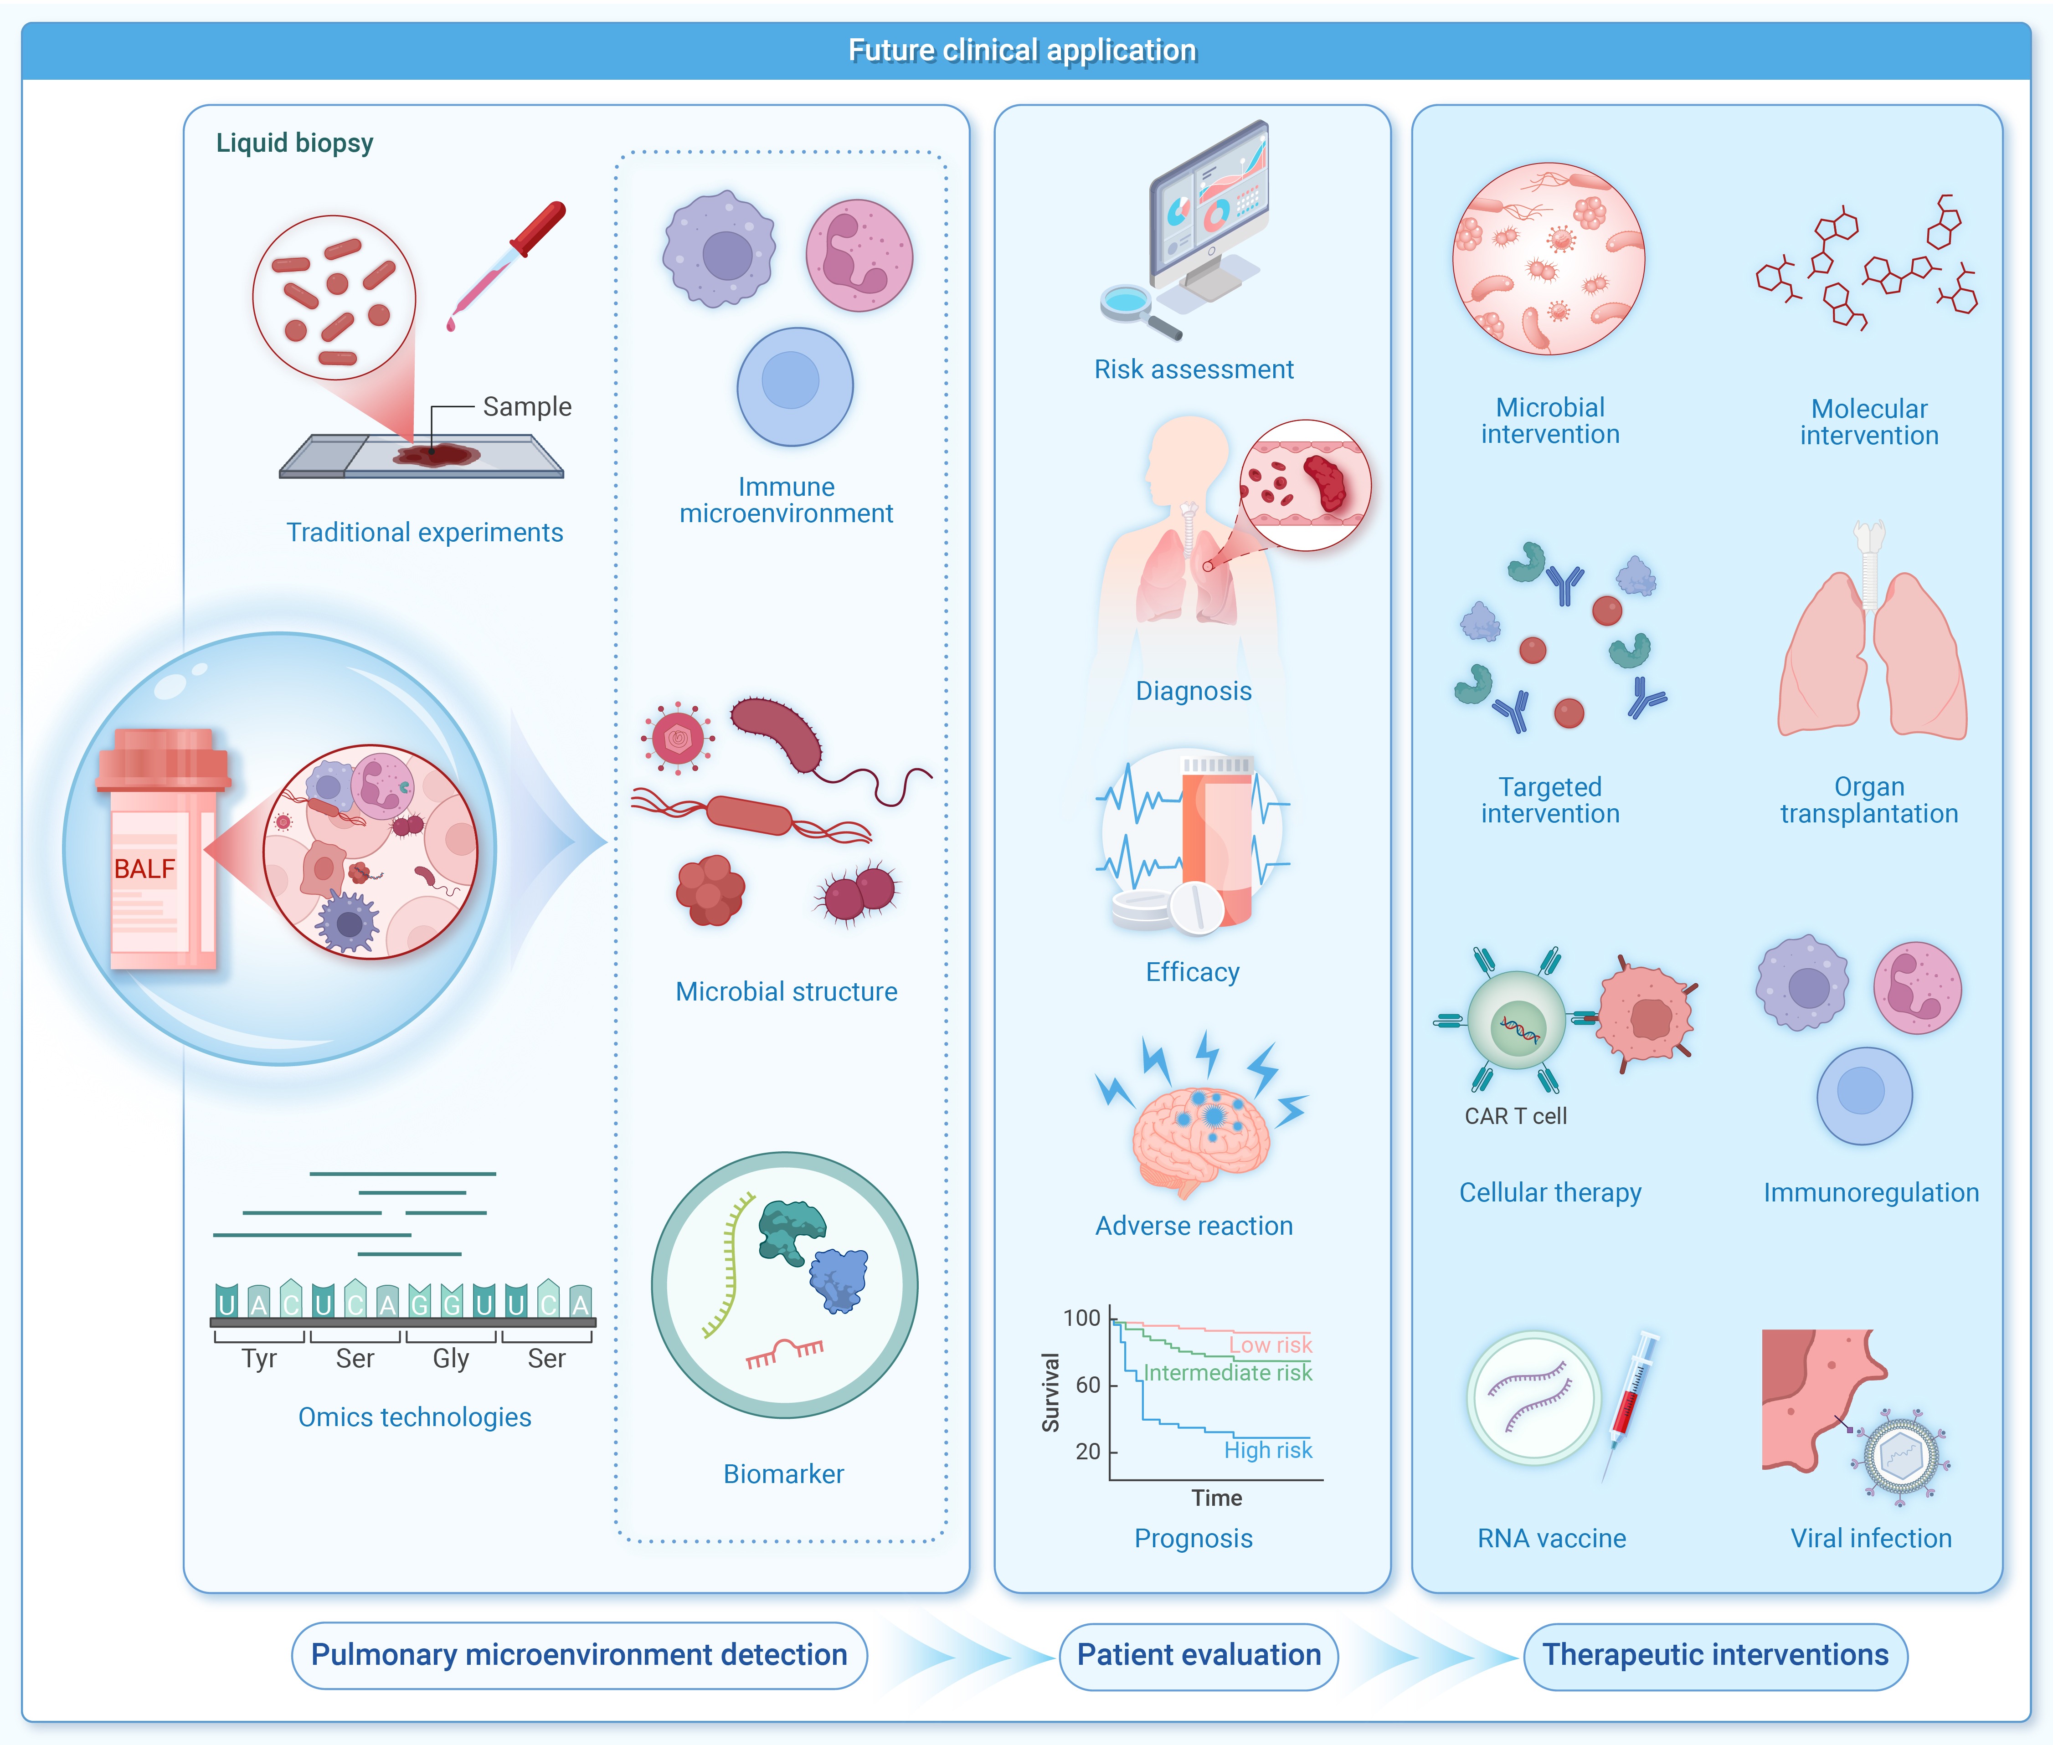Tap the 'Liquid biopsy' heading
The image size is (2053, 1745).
(295, 144)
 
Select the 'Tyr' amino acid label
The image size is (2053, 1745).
(259, 1358)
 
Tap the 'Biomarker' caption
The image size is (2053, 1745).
(783, 1474)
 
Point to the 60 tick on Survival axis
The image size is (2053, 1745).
(1088, 1385)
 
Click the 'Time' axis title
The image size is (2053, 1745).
(1216, 1498)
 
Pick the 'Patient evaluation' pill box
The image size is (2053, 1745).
(1198, 1655)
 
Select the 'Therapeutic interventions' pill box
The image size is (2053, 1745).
(1714, 1655)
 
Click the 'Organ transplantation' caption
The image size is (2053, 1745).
(1869, 801)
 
